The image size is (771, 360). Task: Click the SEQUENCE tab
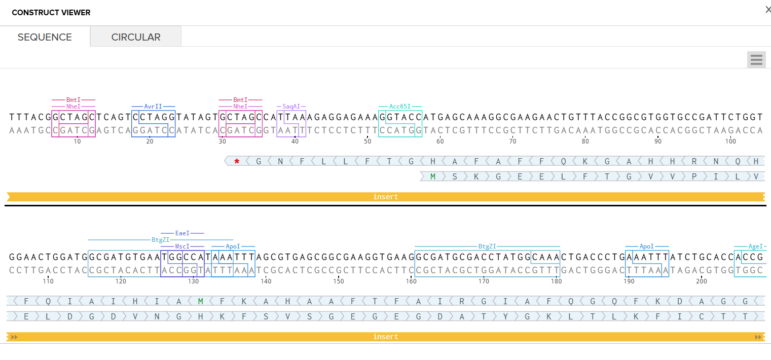click(45, 37)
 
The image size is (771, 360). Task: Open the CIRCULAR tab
click(136, 37)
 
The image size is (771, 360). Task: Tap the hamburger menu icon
click(756, 60)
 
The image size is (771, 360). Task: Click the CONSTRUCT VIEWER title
click(51, 13)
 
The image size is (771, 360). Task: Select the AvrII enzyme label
click(153, 106)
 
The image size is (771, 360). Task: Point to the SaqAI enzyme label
click(291, 106)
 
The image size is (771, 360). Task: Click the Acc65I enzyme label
click(399, 106)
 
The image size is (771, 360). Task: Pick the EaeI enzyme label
click(182, 233)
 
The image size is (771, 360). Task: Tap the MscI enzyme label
click(182, 246)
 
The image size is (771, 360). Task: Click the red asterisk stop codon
click(237, 162)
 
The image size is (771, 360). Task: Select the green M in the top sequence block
click(433, 176)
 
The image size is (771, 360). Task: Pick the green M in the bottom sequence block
click(201, 301)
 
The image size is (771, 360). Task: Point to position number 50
click(368, 141)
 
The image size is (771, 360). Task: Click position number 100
click(730, 141)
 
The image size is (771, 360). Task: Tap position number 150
click(339, 281)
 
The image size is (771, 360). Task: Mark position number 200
click(702, 281)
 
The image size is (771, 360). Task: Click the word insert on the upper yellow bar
click(386, 197)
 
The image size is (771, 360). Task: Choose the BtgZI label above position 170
click(487, 246)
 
